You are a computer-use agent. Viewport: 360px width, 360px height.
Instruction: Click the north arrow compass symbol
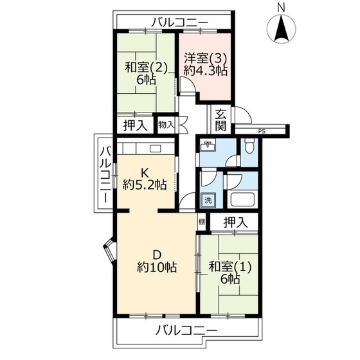click(x=282, y=29)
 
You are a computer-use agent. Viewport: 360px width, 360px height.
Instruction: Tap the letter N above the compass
click(x=281, y=8)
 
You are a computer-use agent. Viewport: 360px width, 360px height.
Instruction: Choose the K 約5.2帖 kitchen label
click(x=145, y=179)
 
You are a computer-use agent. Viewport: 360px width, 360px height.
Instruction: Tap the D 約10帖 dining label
click(x=157, y=261)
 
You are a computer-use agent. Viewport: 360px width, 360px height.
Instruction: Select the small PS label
click(x=262, y=132)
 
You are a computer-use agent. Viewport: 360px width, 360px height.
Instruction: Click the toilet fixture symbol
click(x=249, y=145)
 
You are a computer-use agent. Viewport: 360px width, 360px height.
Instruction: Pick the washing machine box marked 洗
click(x=208, y=201)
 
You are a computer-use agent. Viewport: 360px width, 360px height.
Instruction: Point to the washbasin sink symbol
click(x=208, y=146)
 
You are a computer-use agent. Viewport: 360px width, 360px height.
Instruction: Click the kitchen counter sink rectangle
click(x=155, y=148)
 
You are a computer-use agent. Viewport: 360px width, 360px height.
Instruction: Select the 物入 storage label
click(x=166, y=125)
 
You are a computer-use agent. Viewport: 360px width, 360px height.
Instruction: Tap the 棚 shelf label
click(x=202, y=222)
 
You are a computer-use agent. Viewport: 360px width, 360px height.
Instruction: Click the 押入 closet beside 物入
click(x=135, y=125)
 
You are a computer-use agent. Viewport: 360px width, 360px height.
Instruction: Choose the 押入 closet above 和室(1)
click(x=236, y=222)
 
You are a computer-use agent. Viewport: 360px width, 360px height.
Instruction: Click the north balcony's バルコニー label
click(x=180, y=22)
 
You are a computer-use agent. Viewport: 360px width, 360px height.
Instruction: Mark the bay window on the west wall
click(x=110, y=251)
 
